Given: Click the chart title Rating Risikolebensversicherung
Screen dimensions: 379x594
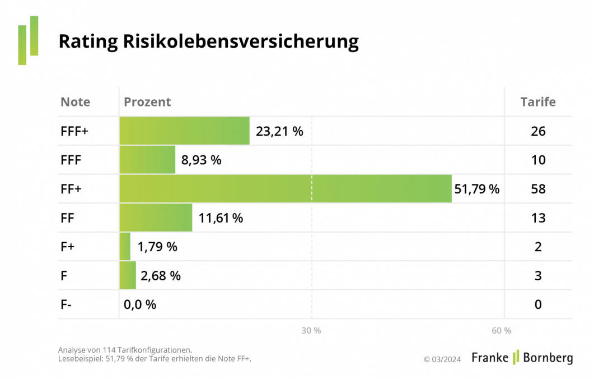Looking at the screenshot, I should click(x=208, y=41).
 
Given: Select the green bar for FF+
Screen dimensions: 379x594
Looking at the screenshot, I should click(x=285, y=189).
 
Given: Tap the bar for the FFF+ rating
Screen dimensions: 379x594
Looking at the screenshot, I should click(x=184, y=131).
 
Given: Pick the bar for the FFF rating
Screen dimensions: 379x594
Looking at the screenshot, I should click(x=147, y=160).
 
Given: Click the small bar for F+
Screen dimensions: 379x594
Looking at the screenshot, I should click(x=125, y=247).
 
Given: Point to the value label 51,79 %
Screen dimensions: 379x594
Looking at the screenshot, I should click(x=476, y=189).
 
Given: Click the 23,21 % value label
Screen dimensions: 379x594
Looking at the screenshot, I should click(x=279, y=131).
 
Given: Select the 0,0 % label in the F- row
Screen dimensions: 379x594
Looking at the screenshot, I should click(x=140, y=304).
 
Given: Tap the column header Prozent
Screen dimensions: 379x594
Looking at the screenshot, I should click(x=147, y=102).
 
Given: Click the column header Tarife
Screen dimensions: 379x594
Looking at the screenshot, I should click(x=537, y=102).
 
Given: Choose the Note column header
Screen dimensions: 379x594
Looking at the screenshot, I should click(x=75, y=102).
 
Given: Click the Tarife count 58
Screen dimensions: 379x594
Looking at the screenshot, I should click(x=538, y=189).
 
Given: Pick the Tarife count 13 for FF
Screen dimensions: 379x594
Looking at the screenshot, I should click(x=538, y=218).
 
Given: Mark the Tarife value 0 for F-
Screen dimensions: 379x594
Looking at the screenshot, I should click(x=538, y=304).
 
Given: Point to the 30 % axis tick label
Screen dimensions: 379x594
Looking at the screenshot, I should click(x=311, y=331).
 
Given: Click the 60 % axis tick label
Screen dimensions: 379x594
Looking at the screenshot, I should click(x=501, y=331).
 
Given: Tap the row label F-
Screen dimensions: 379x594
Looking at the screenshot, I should click(x=67, y=304).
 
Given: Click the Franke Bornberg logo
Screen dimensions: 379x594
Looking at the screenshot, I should click(x=522, y=358).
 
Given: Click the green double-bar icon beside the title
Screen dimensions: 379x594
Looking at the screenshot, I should click(x=28, y=40).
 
